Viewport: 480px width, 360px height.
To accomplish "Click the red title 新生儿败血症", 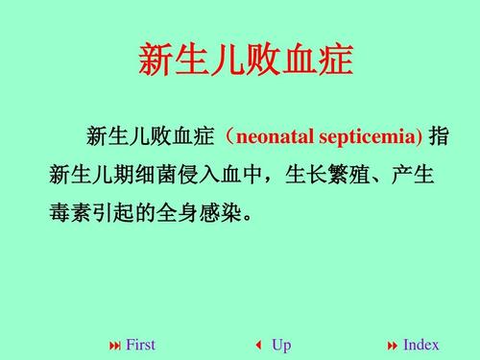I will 246,60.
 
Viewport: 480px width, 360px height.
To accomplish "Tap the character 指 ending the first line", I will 439,136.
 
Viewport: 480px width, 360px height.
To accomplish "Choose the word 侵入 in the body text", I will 201,174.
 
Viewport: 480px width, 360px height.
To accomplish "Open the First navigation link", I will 140,345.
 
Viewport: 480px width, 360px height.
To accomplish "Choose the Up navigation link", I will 281,345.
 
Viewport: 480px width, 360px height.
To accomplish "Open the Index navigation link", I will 420,345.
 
